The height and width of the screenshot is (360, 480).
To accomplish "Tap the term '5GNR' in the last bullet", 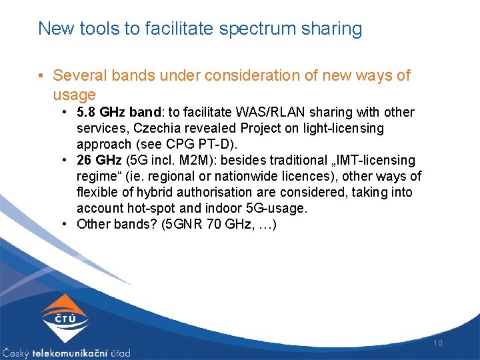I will [x=179, y=224].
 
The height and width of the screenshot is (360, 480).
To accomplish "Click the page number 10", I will [x=438, y=343].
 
